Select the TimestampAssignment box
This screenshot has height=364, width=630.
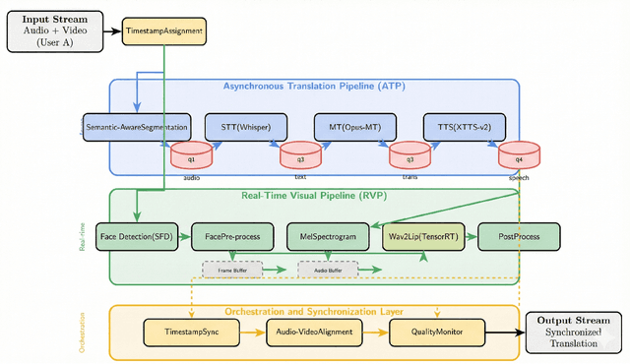tap(164, 31)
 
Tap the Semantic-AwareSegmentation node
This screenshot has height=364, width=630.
tap(135, 128)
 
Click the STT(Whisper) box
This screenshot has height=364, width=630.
tap(244, 128)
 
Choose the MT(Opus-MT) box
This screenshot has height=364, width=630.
tap(353, 128)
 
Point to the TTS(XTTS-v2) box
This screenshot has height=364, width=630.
tap(464, 128)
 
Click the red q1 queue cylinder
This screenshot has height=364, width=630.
tap(191, 155)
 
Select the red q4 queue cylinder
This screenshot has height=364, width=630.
tap(519, 155)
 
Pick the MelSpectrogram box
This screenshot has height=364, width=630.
tap(327, 236)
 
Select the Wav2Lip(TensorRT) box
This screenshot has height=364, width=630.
tap(422, 236)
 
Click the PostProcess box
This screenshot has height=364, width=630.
tap(519, 236)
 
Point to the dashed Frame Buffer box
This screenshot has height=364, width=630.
tap(232, 269)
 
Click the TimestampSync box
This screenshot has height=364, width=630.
tap(192, 333)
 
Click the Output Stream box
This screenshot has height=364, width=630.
tap(574, 333)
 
